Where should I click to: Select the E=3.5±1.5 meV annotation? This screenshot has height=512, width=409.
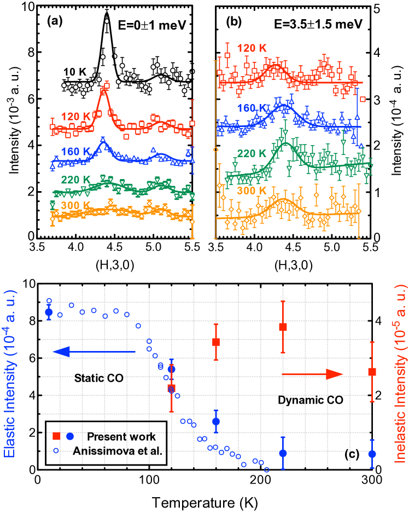[315, 24]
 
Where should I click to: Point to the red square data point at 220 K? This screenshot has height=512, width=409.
[283, 327]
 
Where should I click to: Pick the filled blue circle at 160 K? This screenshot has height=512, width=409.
[216, 422]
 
